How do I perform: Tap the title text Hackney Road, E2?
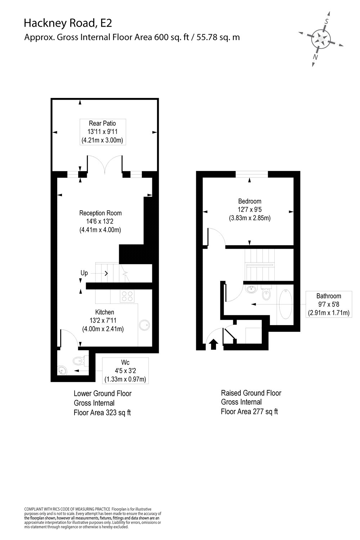[x=68, y=23]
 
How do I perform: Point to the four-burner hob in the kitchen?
[x=127, y=296]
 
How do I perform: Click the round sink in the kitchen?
[x=145, y=325]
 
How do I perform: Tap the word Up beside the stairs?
[x=84, y=273]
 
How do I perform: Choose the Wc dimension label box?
[x=125, y=370]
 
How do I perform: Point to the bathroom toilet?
[x=266, y=294]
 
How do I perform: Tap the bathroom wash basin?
[x=251, y=289]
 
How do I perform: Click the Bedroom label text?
[x=249, y=201]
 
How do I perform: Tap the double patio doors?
[x=104, y=165]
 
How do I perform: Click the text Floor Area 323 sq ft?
[x=102, y=413]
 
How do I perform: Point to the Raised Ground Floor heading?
[x=251, y=393]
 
